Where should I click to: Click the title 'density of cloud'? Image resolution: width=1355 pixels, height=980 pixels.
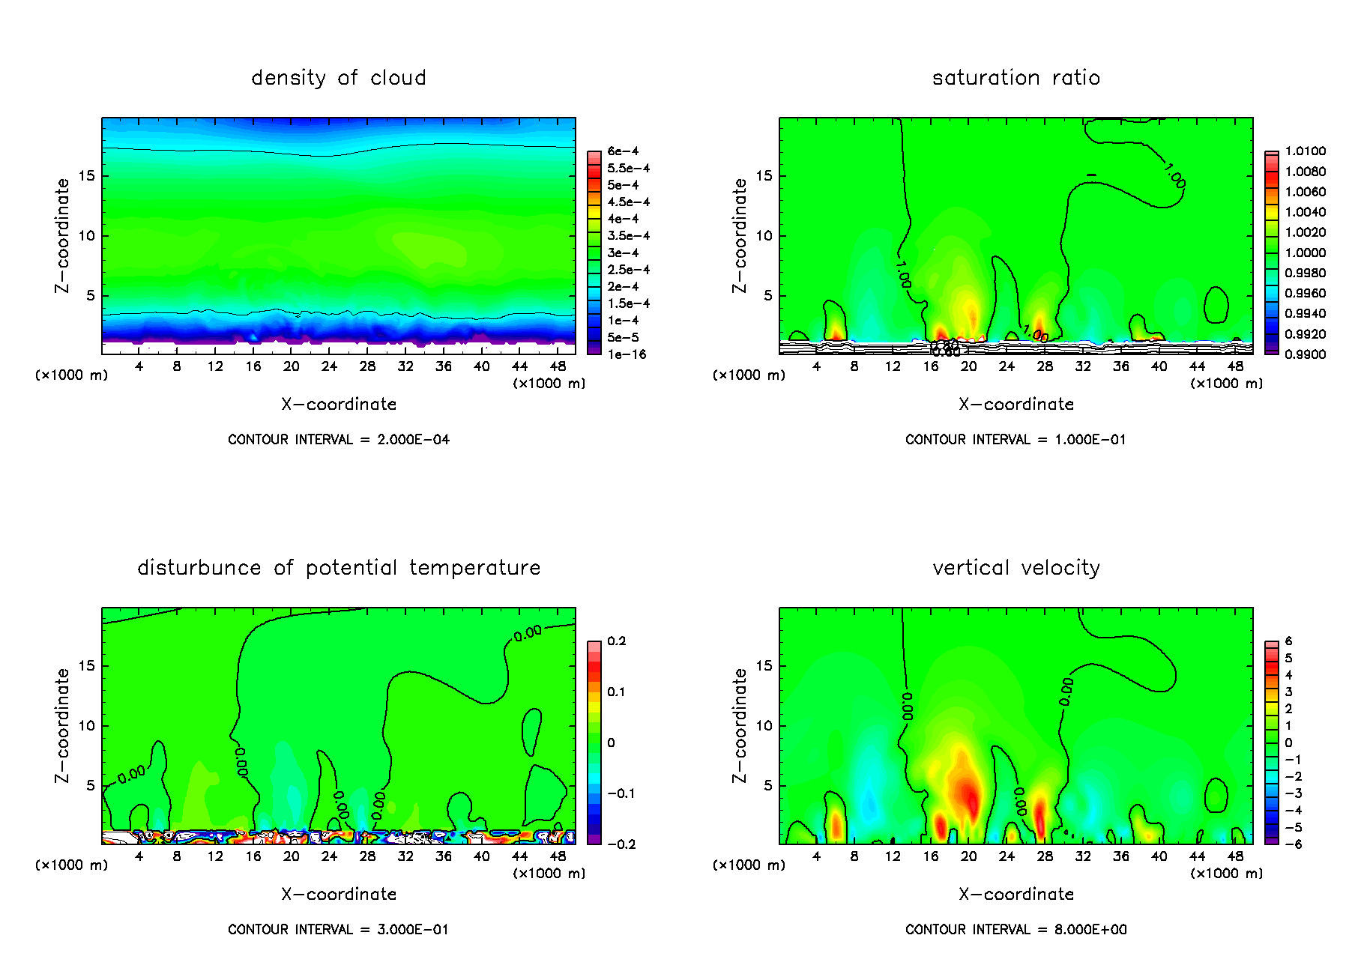tap(339, 78)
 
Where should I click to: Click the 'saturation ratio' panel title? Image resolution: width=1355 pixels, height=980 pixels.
tap(1016, 78)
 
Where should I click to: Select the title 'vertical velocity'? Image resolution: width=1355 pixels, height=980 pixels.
tap(1016, 568)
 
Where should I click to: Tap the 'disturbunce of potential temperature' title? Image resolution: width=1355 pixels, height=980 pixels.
tap(339, 568)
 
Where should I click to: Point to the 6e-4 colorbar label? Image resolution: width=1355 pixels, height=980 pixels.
tap(623, 151)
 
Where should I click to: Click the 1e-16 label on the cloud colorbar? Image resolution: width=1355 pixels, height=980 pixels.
tap(627, 354)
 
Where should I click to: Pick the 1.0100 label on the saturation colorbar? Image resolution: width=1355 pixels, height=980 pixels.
tap(1305, 151)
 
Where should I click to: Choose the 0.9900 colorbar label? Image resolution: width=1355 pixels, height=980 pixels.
tap(1305, 354)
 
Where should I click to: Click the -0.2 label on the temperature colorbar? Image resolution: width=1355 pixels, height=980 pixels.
tap(621, 844)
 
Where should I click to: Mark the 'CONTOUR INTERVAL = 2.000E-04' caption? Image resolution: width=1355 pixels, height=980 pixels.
tap(339, 440)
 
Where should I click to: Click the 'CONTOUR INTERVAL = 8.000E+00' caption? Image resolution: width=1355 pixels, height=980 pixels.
tap(1016, 930)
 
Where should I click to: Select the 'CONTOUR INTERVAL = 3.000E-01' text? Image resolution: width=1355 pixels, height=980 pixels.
tap(339, 930)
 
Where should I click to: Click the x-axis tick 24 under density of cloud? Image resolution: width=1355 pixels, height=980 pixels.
tap(329, 366)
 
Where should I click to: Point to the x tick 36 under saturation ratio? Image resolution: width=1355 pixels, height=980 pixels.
tap(1120, 366)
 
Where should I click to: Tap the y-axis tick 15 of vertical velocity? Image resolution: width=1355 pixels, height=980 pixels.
tap(764, 666)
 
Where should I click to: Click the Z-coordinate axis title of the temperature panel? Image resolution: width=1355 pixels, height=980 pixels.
tap(61, 725)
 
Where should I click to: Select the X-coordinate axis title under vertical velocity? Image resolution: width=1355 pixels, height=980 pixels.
tap(1016, 895)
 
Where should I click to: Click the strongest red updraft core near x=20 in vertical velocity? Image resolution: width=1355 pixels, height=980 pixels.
tap(971, 798)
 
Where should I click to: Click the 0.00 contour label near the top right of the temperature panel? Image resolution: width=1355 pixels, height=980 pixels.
tap(528, 633)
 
